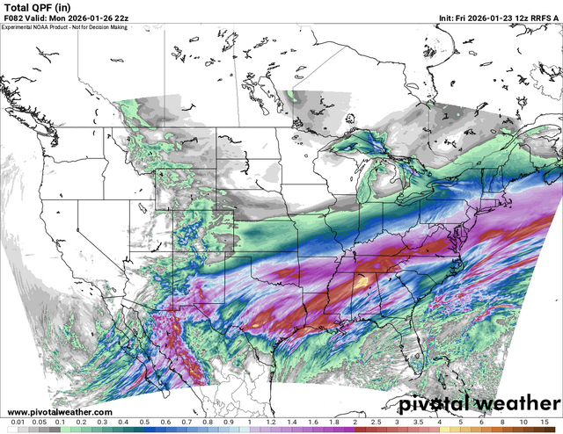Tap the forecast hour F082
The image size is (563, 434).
pyautogui.click(x=11, y=18)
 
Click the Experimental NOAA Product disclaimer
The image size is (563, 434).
pyautogui.click(x=64, y=26)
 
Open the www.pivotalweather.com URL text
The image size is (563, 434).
pyautogui.click(x=58, y=411)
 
